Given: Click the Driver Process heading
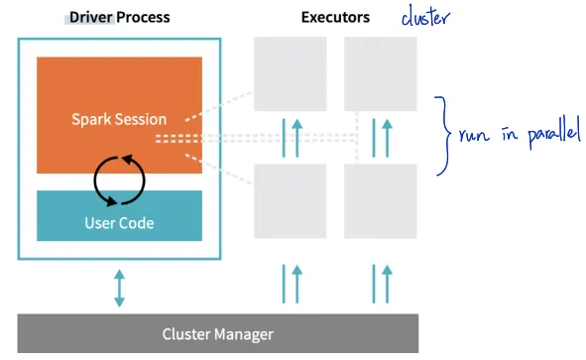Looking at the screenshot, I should pos(119,18).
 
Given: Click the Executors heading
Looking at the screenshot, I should pos(336,18).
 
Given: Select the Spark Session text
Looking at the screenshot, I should pos(119,119).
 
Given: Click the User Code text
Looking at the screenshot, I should pos(119,221).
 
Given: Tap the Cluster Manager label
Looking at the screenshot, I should pos(217,334).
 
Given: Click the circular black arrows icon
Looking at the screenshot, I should pos(119,179).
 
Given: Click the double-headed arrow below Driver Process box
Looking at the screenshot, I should pos(119,287).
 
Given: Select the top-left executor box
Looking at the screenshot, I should pos(291,74).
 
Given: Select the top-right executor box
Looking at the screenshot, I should pos(380,74).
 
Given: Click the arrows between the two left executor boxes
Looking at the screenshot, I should pos(291,138).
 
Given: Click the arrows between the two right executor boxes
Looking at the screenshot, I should pos(380,138).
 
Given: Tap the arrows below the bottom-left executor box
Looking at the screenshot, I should pos(291,283).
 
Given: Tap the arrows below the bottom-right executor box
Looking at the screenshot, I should pos(380,283).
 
